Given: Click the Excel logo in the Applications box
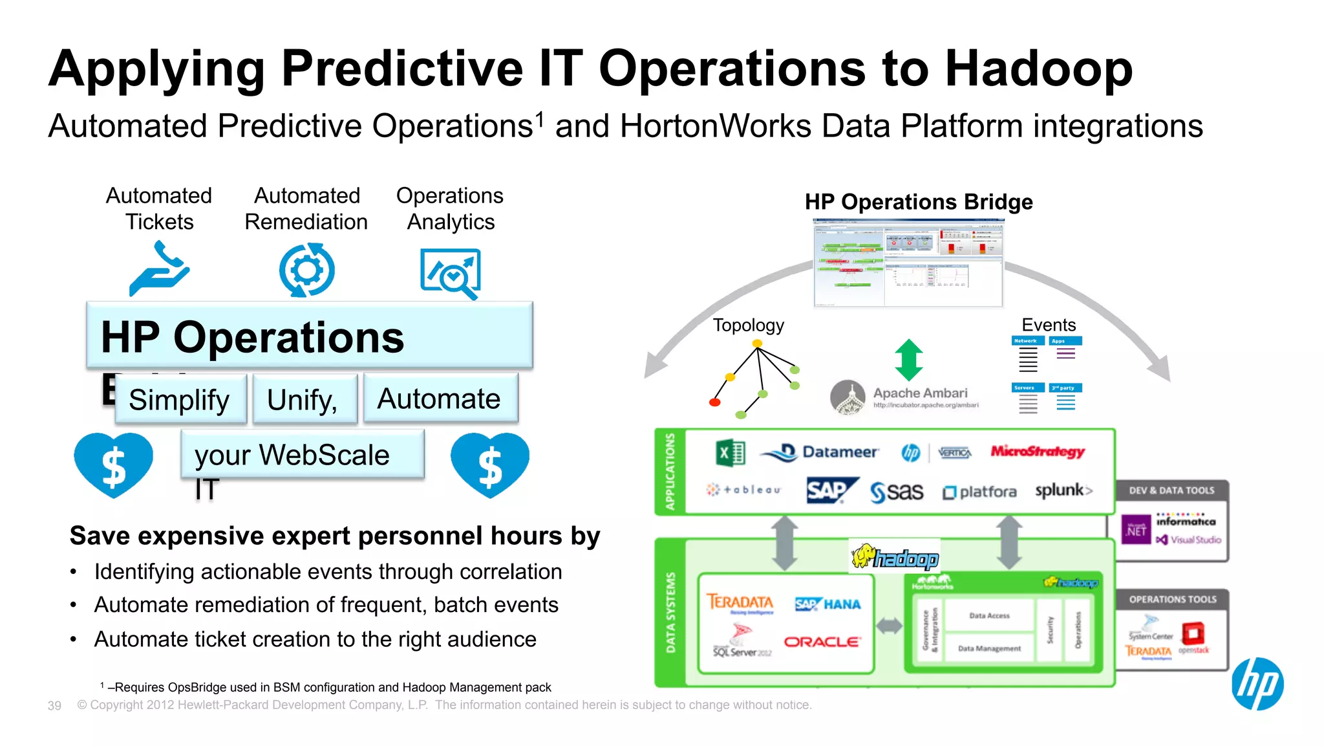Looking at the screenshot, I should point(731,453).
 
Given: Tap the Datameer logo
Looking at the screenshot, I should point(819,452).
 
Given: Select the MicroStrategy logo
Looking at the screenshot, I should point(1038,452).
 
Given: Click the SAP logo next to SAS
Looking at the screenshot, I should point(831,490).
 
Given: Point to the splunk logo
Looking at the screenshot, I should point(1063,490).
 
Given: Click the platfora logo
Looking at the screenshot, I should point(979,492).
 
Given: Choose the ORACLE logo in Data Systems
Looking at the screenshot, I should point(822,642).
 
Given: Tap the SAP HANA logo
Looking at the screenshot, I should point(827,604).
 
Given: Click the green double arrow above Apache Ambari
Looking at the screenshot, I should point(909,360).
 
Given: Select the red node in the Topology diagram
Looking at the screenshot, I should point(714,402).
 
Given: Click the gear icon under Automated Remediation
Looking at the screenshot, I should point(306,270).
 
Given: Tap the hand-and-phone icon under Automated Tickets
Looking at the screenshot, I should point(159,269).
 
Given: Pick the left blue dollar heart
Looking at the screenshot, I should point(114,465).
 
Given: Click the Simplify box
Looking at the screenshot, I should point(180,400).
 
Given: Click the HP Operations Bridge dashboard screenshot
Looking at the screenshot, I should point(908,263).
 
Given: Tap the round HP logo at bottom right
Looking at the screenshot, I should point(1257,684).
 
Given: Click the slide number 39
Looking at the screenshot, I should point(54,705).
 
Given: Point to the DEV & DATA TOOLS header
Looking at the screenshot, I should point(1171,490).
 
